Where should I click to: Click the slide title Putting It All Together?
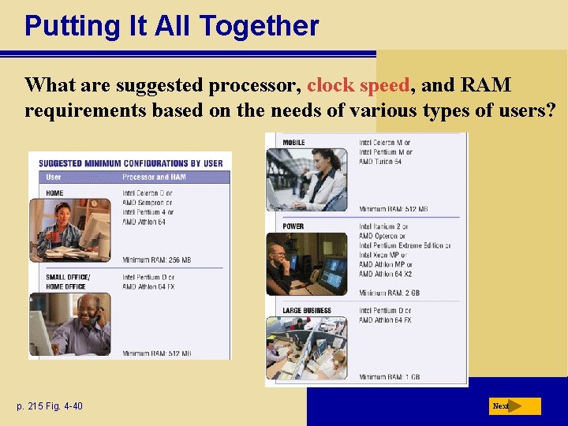171,25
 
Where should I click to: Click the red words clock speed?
358,85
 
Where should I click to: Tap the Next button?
514,406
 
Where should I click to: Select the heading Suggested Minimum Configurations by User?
131,163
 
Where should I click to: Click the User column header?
54,177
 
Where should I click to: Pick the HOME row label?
54,192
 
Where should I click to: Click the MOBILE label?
293,143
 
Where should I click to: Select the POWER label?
293,226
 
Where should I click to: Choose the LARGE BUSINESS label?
307,310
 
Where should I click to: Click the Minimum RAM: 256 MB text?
156,260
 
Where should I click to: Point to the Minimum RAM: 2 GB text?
390,293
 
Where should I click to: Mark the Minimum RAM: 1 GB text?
390,376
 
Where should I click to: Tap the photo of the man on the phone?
70,323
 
